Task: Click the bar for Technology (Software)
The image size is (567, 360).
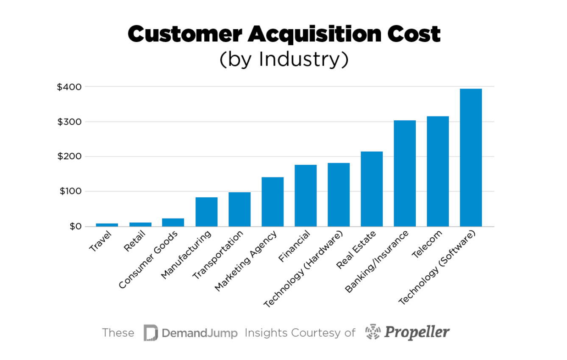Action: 471,158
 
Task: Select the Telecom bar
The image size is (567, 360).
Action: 438,171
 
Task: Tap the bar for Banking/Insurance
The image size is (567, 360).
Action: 405,174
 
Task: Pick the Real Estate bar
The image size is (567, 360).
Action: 372,189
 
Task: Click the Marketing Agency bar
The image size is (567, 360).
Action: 272,202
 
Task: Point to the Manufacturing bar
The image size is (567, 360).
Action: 206,212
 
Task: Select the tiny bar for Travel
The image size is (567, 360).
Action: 107,225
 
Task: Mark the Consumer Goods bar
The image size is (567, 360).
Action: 173,222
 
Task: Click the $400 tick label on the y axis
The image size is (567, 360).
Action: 69,87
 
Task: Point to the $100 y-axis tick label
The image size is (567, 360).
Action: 70,191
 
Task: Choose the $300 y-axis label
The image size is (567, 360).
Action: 69,122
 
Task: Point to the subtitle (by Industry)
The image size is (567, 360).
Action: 283,60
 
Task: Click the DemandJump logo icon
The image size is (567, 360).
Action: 150,333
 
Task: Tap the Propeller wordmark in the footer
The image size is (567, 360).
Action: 417,332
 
